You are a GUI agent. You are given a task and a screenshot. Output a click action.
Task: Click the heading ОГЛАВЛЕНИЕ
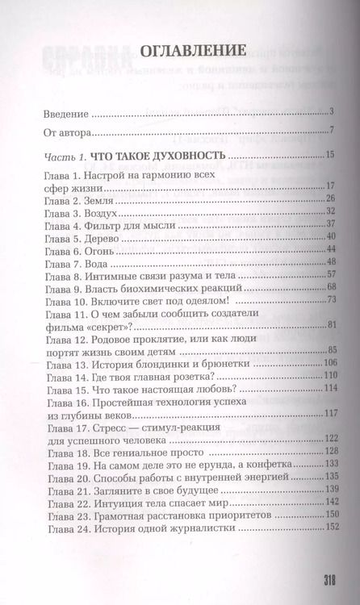(181, 50)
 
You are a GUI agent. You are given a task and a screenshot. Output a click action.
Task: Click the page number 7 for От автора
(332, 131)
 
